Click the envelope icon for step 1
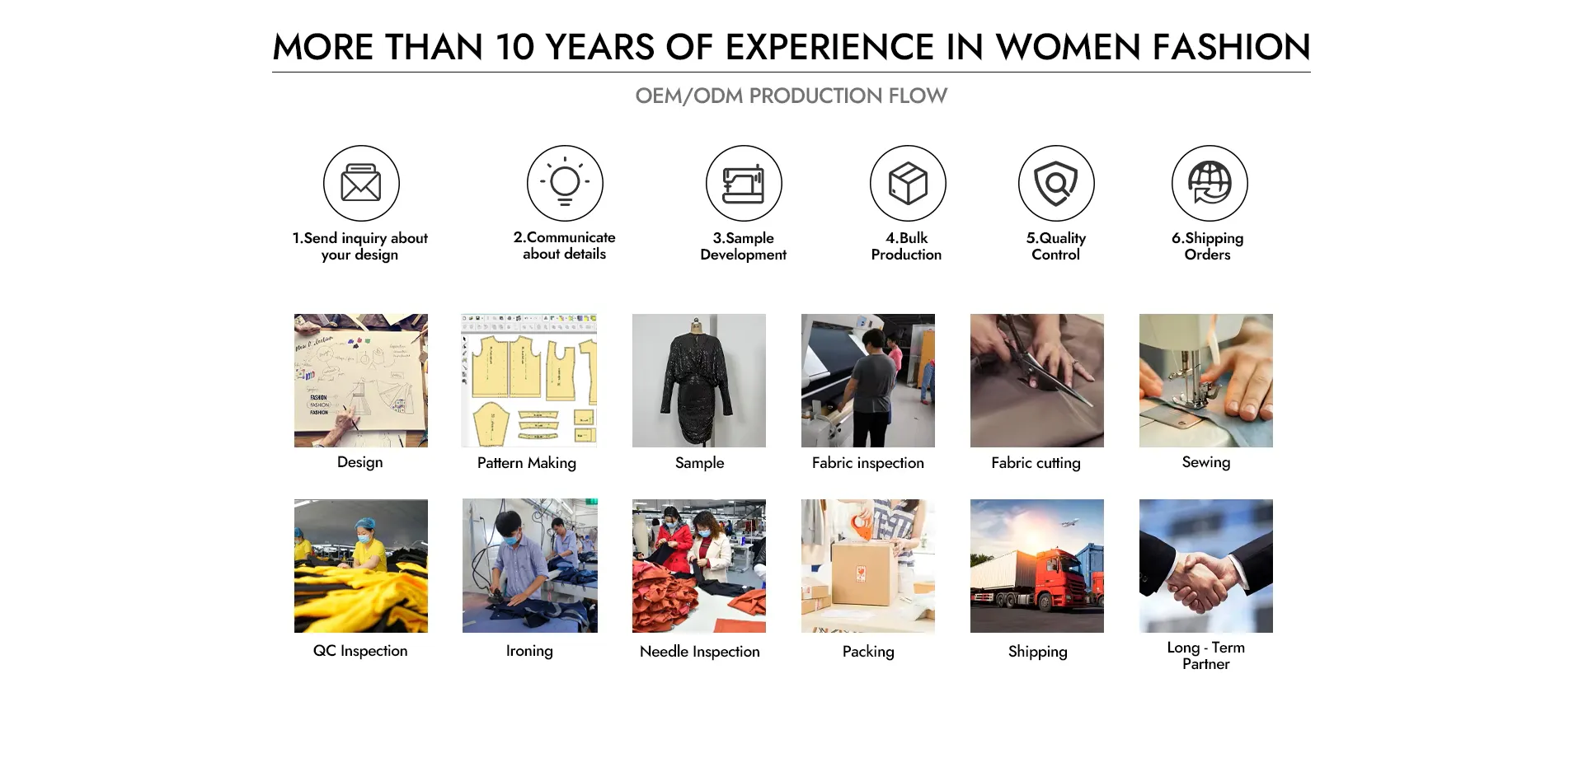click(x=361, y=183)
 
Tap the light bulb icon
click(x=565, y=183)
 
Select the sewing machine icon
click(x=744, y=184)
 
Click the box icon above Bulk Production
click(x=908, y=183)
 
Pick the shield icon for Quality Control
click(x=1056, y=184)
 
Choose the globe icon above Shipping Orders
click(x=1210, y=183)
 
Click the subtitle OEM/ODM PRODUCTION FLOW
click(x=791, y=96)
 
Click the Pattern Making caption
click(x=527, y=463)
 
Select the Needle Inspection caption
click(x=700, y=652)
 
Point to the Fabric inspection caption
click(x=868, y=463)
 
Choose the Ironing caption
click(x=529, y=651)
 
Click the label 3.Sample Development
click(x=744, y=246)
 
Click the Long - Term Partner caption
click(x=1206, y=656)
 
